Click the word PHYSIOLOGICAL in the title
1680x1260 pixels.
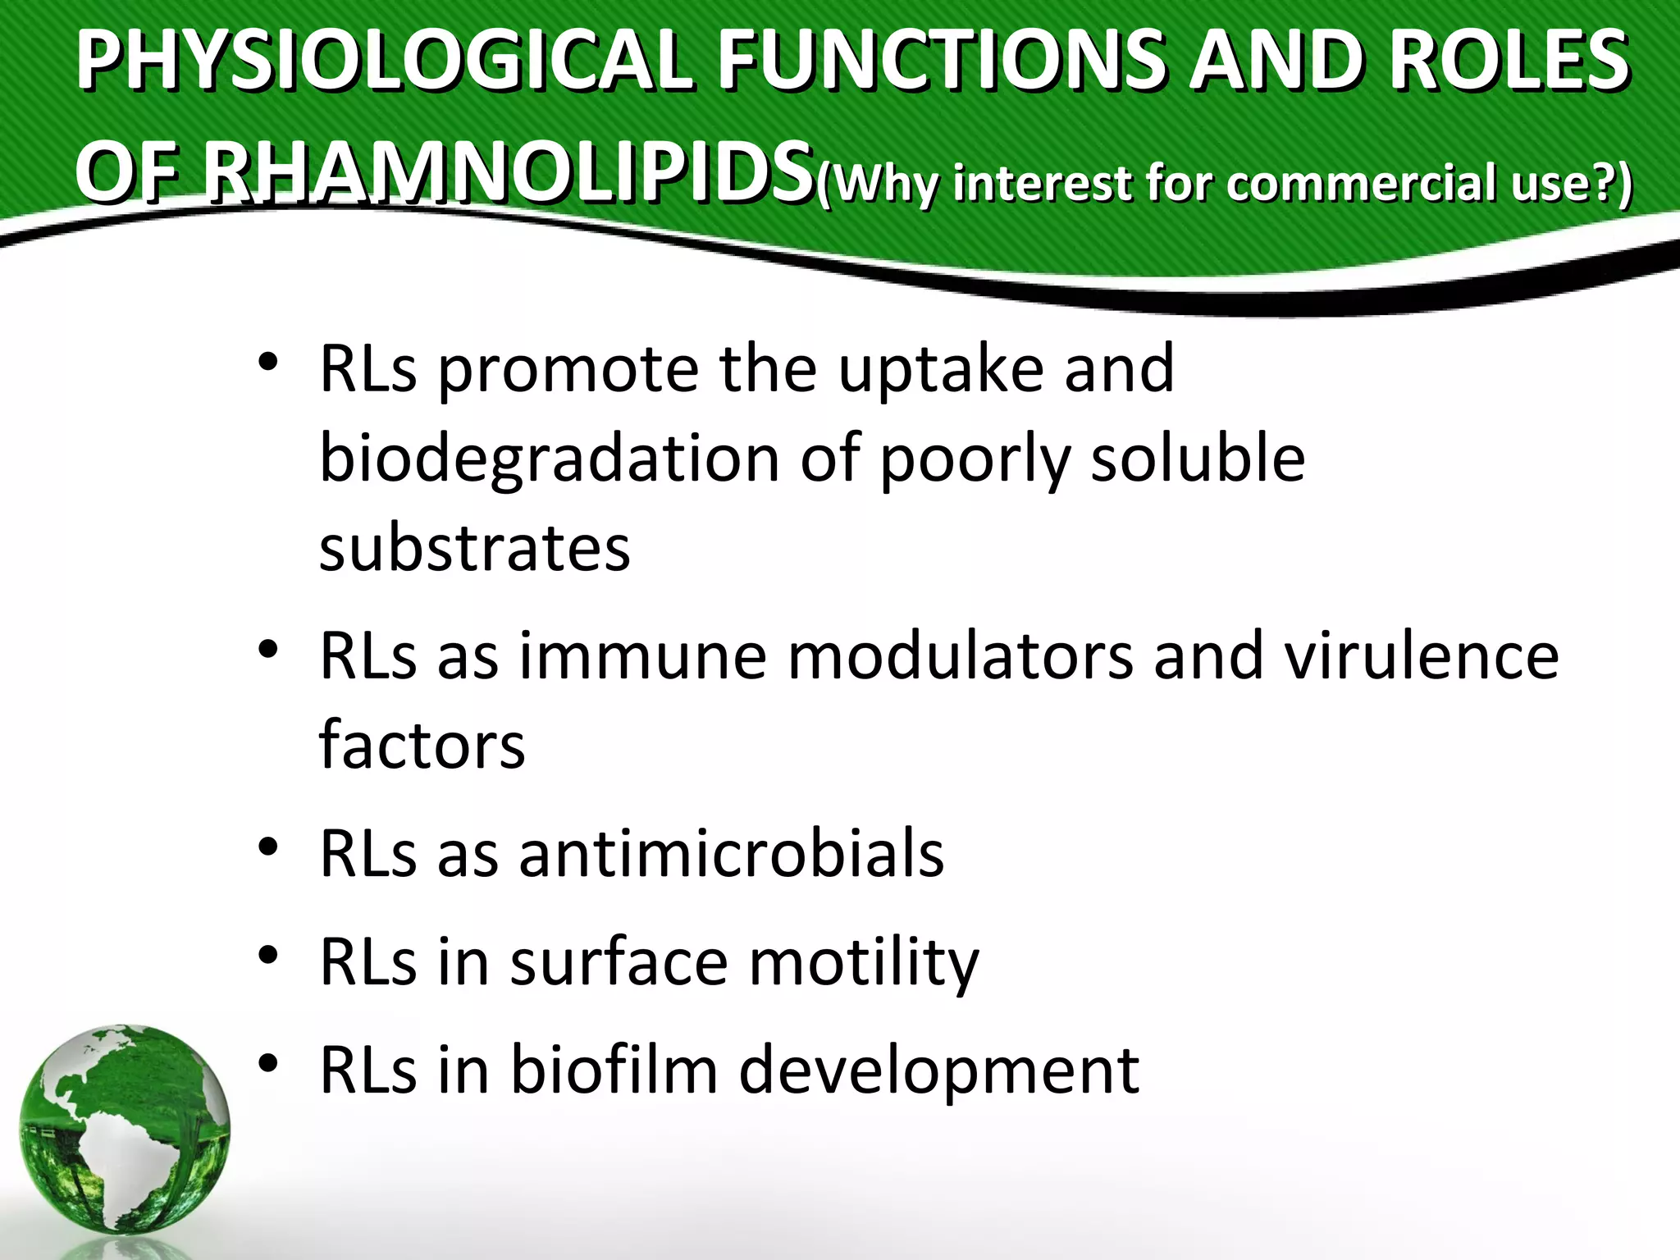click(x=384, y=62)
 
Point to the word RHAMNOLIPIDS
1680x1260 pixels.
click(x=509, y=174)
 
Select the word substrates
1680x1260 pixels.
click(x=474, y=548)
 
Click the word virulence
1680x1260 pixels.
click(x=1421, y=656)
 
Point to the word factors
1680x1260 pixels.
click(x=422, y=745)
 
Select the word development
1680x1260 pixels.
click(x=938, y=1071)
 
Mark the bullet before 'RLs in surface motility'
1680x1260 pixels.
click(x=267, y=955)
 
